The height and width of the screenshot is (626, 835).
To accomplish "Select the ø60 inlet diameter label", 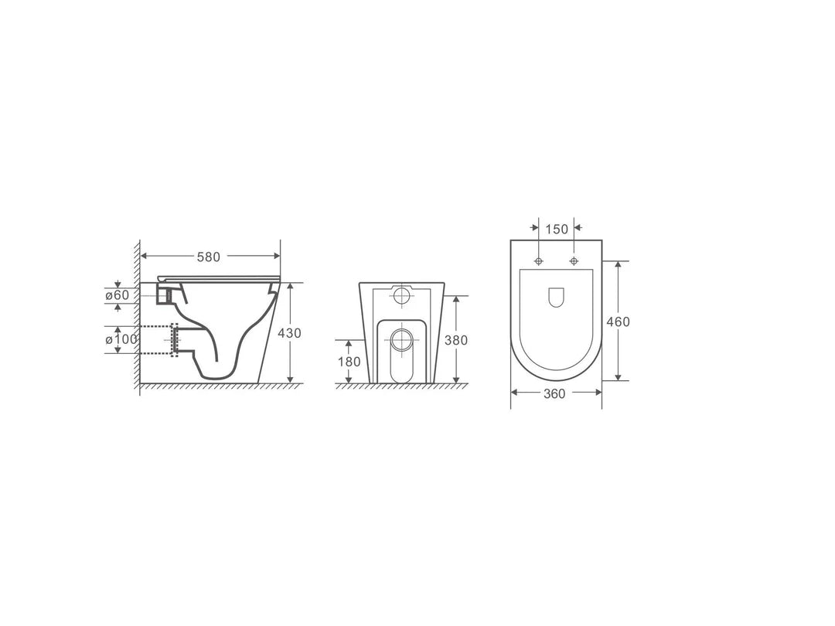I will pyautogui.click(x=118, y=294).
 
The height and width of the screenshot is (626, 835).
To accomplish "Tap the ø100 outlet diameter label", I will pyautogui.click(x=121, y=339).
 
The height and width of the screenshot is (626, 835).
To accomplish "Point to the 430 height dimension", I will pyautogui.click(x=290, y=333).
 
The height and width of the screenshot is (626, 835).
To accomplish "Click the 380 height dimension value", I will pyautogui.click(x=457, y=339).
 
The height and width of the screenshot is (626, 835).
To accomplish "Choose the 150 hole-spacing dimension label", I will pyautogui.click(x=557, y=229).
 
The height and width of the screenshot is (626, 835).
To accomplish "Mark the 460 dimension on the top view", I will pyautogui.click(x=619, y=322).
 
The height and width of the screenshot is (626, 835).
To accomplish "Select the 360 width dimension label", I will pyautogui.click(x=554, y=393).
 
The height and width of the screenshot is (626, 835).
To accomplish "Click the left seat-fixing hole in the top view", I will pyautogui.click(x=540, y=260).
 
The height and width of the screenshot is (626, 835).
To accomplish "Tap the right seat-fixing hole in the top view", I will pyautogui.click(x=574, y=260).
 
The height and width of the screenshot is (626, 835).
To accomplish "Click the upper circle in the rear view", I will pyautogui.click(x=402, y=295).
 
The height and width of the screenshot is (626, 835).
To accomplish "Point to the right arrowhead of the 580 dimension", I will pyautogui.click(x=276, y=256).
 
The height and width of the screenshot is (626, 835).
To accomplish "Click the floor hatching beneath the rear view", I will pyautogui.click(x=402, y=386).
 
